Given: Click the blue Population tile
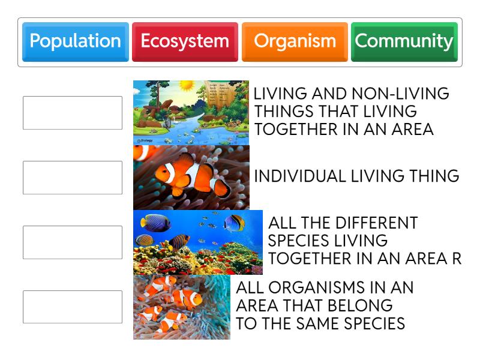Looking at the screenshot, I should [75, 41].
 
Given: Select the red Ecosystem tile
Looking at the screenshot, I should [185, 41].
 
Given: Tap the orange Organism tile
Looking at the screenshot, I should [295, 41].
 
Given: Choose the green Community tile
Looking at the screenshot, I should [404, 41].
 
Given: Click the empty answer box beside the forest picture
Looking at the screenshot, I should [73, 113].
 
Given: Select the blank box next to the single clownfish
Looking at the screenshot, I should [73, 178].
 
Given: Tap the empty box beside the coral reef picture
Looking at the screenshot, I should [73, 242].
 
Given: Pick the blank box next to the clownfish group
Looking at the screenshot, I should [73, 307].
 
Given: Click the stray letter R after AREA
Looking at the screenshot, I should [457, 259].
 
